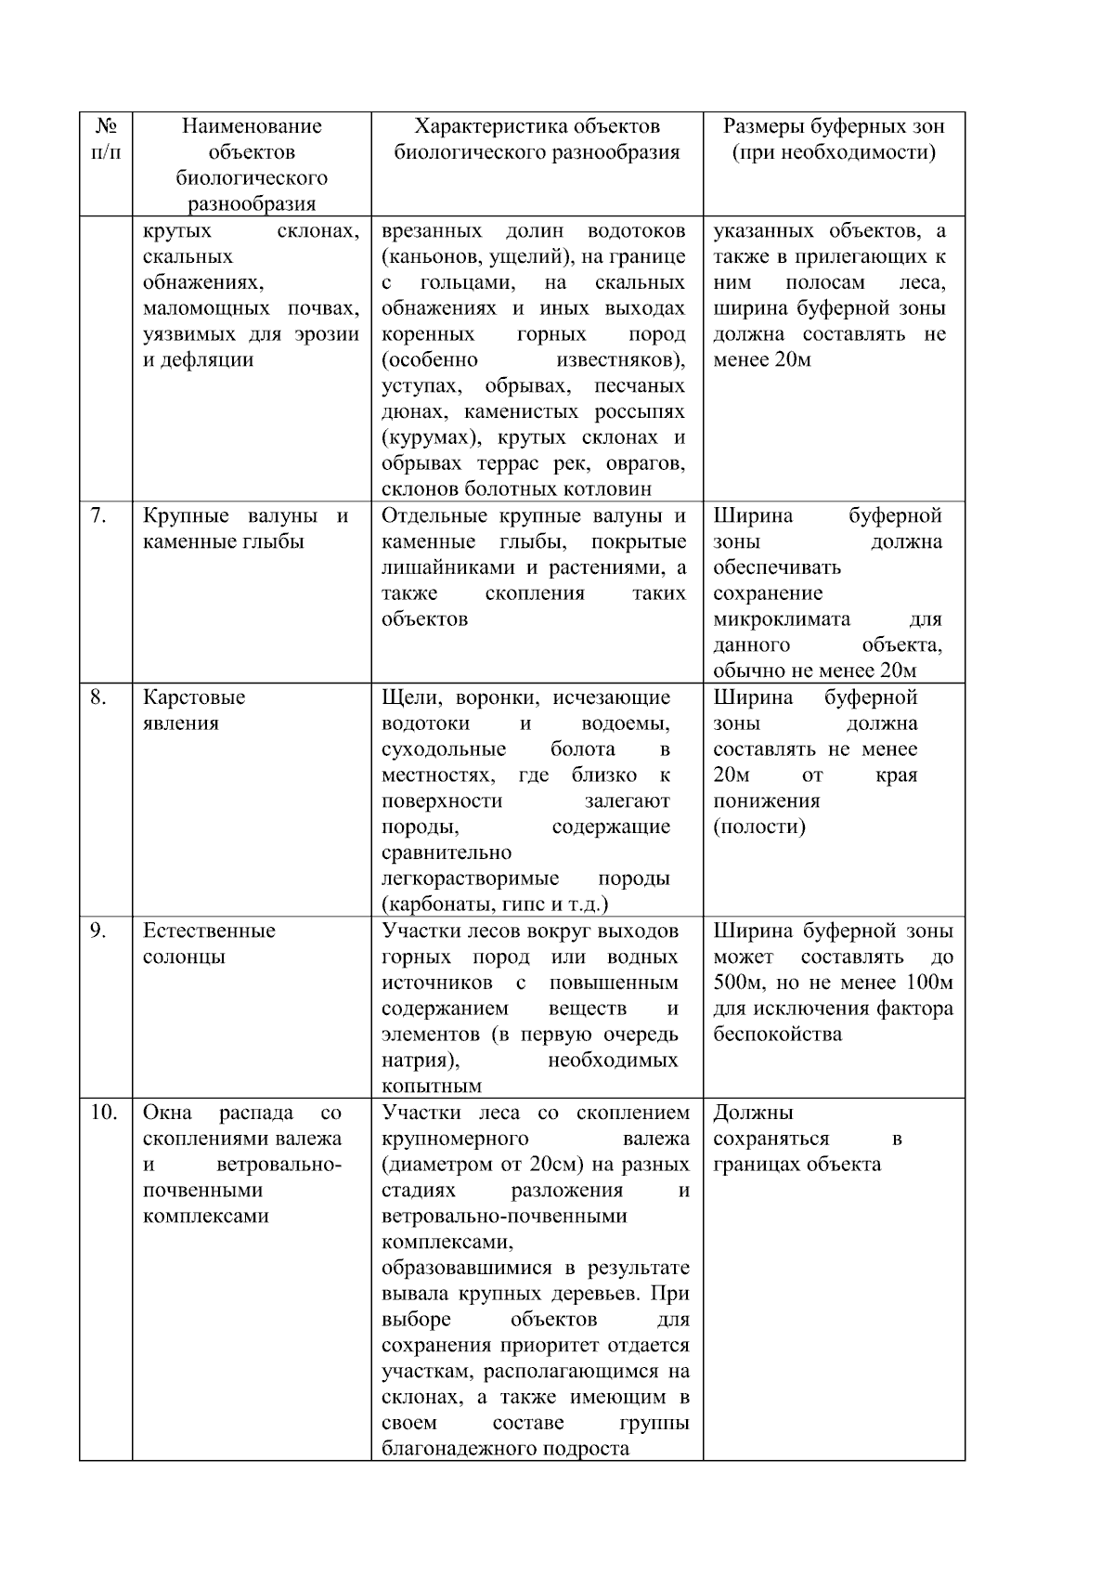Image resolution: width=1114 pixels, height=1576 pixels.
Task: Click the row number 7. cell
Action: [x=98, y=516]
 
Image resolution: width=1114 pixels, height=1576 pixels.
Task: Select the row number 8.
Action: [x=98, y=697]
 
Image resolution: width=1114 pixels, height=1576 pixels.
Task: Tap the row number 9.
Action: [x=98, y=931]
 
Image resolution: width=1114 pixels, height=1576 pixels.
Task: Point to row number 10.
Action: [x=103, y=1113]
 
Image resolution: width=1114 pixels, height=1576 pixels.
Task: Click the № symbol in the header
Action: [x=105, y=126]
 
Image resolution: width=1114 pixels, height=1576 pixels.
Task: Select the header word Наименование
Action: [x=252, y=126]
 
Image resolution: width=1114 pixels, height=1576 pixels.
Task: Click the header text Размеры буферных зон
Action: [x=834, y=126]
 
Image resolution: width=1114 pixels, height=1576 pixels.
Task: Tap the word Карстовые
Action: [x=194, y=697]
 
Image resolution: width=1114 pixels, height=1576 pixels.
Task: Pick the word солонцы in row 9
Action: [x=184, y=957]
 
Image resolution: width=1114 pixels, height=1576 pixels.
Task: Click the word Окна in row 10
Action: [x=167, y=1113]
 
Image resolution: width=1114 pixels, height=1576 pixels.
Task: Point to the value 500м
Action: [x=738, y=983]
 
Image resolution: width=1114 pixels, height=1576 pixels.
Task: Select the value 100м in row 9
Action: [x=928, y=983]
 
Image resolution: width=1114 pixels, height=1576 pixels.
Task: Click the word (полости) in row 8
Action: [x=759, y=827]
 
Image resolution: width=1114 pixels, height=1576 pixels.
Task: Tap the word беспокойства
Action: [x=778, y=1035]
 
